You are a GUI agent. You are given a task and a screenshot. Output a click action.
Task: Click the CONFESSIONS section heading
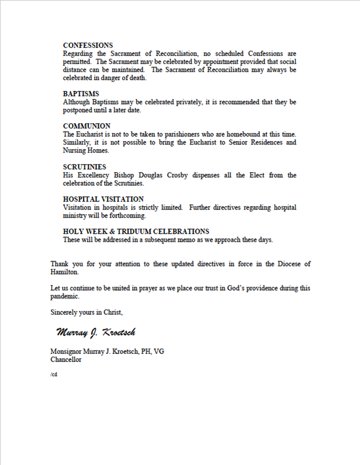tap(88, 45)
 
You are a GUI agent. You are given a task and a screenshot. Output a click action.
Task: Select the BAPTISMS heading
tap(81, 94)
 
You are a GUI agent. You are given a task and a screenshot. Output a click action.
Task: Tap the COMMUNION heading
tap(86, 126)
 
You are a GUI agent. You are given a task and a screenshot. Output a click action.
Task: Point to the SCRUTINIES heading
tap(85, 167)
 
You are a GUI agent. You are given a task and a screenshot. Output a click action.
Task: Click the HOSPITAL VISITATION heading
tap(103, 199)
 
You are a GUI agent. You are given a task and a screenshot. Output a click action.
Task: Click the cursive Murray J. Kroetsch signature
tap(96, 333)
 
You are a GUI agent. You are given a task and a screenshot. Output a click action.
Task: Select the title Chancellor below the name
tap(66, 360)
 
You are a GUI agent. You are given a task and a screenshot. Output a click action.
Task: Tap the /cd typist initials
tap(54, 374)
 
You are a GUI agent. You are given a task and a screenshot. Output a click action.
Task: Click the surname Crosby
tap(205, 175)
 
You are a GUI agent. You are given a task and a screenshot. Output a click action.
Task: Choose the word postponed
tap(79, 110)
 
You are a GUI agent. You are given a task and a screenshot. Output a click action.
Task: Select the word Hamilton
tap(64, 272)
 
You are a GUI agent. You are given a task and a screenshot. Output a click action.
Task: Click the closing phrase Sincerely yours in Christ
tap(86, 312)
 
